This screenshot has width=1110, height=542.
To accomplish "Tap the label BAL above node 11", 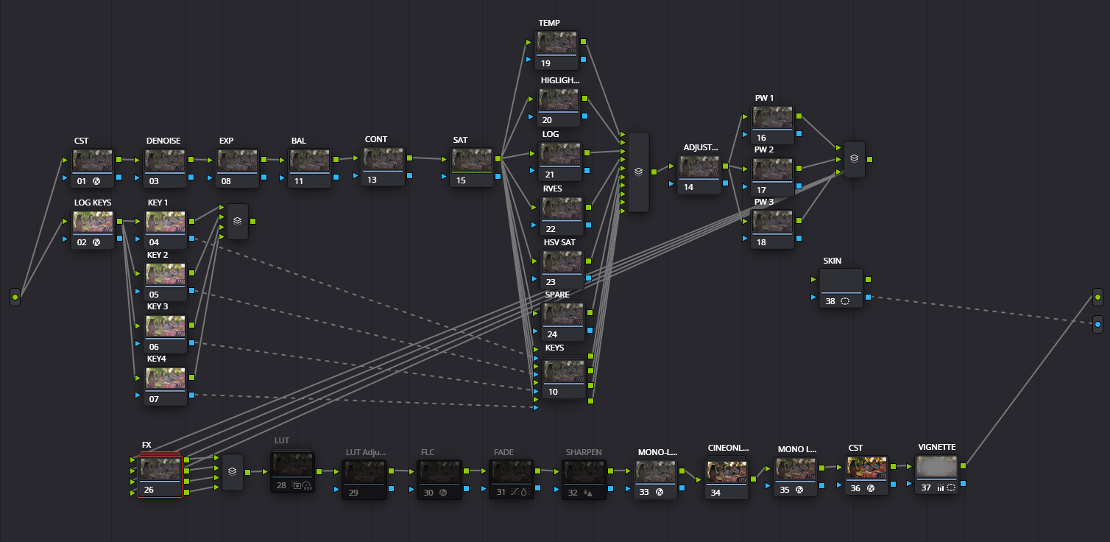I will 298,141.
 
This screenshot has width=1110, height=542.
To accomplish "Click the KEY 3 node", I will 166,328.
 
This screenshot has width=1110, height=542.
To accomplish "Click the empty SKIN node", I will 841,283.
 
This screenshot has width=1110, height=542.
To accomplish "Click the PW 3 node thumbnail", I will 772,223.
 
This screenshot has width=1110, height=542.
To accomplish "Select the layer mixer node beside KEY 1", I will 238,221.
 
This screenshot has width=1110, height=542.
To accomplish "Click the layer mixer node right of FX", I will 233,472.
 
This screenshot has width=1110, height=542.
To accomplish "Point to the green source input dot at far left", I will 15,298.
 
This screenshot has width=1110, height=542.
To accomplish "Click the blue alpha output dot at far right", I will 1097,324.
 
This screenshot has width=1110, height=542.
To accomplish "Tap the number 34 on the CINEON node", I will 715,493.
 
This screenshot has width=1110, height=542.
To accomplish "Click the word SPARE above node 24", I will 557,295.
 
